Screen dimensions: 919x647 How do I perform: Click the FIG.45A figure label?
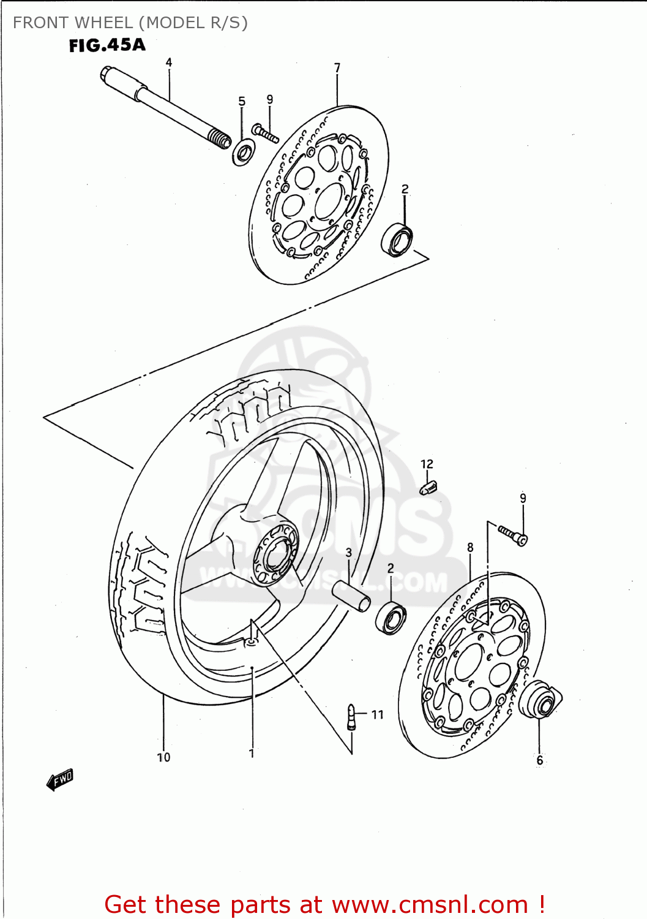pos(107,45)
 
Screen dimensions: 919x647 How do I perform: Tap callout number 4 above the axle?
pos(169,62)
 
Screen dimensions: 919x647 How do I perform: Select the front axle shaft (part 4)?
pos(165,108)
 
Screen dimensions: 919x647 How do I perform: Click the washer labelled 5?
pos(244,151)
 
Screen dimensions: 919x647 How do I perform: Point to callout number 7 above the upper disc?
pos(337,68)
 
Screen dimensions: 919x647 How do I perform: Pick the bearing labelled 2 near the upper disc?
pos(397,240)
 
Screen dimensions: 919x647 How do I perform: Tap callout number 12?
pos(427,464)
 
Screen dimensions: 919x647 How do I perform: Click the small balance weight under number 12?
pos(428,488)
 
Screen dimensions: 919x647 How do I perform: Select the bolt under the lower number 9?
pos(513,534)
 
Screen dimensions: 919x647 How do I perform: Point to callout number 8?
pos(470,547)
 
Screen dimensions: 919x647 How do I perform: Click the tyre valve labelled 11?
pos(351,717)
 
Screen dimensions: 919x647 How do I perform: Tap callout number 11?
pos(377,714)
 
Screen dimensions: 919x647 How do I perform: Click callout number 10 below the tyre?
pos(163,757)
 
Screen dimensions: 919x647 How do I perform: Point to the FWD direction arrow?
pos(60,780)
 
